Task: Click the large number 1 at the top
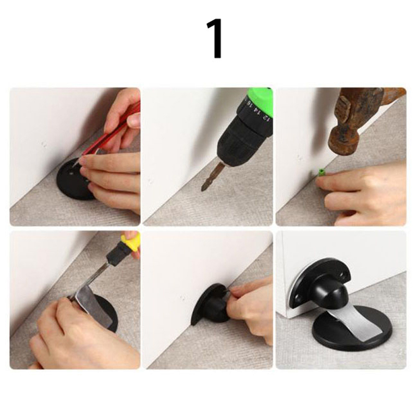tap(214, 39)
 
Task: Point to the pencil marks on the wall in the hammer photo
tap(300, 157)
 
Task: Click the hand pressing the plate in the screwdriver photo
tap(80, 338)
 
